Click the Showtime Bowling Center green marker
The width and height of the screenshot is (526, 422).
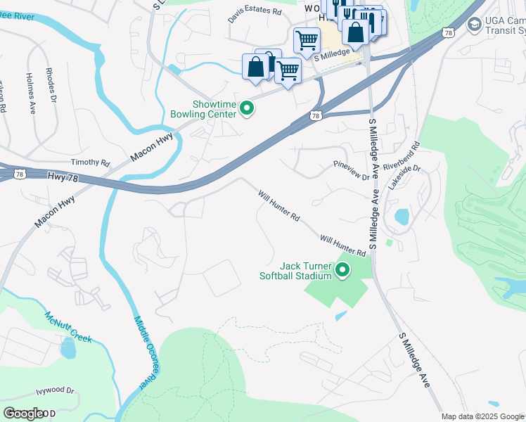point(246,108)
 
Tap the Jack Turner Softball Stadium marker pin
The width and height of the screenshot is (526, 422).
point(343,270)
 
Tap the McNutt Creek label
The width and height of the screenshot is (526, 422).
point(68,327)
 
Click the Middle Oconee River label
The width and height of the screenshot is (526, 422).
point(146,352)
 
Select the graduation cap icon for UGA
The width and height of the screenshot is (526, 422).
point(475,24)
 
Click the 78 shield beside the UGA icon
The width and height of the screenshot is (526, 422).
point(448,32)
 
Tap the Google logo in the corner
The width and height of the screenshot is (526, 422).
point(25,414)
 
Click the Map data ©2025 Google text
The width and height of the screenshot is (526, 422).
point(482,416)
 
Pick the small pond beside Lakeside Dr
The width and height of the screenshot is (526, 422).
point(402,217)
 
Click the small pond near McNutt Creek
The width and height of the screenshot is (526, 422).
point(68,347)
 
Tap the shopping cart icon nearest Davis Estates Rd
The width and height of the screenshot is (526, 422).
point(307,41)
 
